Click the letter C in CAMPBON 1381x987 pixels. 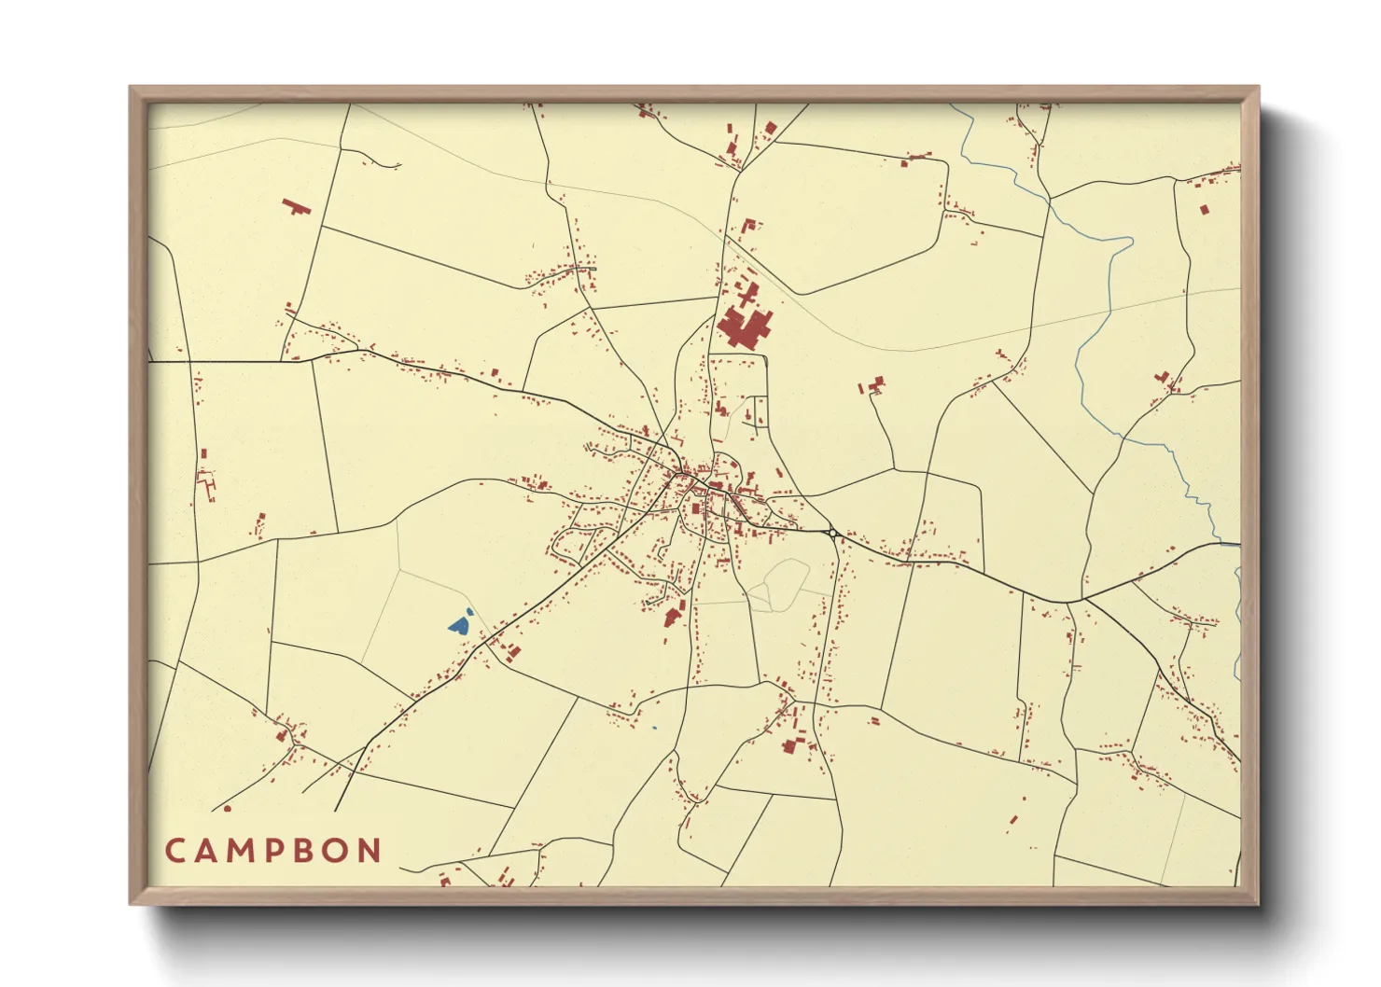pyautogui.click(x=174, y=851)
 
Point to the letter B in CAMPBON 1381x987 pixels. pyautogui.click(x=305, y=851)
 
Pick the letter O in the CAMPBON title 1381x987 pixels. pyautogui.click(x=337, y=851)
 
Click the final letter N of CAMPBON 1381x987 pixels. pyautogui.click(x=371, y=851)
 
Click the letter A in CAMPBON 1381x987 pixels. pyautogui.click(x=205, y=851)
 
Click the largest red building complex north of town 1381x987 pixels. pyautogui.click(x=744, y=327)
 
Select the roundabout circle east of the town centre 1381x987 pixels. pyautogui.click(x=831, y=533)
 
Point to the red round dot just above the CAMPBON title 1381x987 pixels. pyautogui.click(x=227, y=809)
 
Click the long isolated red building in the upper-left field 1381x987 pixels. pyautogui.click(x=296, y=205)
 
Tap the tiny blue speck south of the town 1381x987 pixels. pyautogui.click(x=654, y=728)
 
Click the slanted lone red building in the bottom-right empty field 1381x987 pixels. pyautogui.click(x=1013, y=821)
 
